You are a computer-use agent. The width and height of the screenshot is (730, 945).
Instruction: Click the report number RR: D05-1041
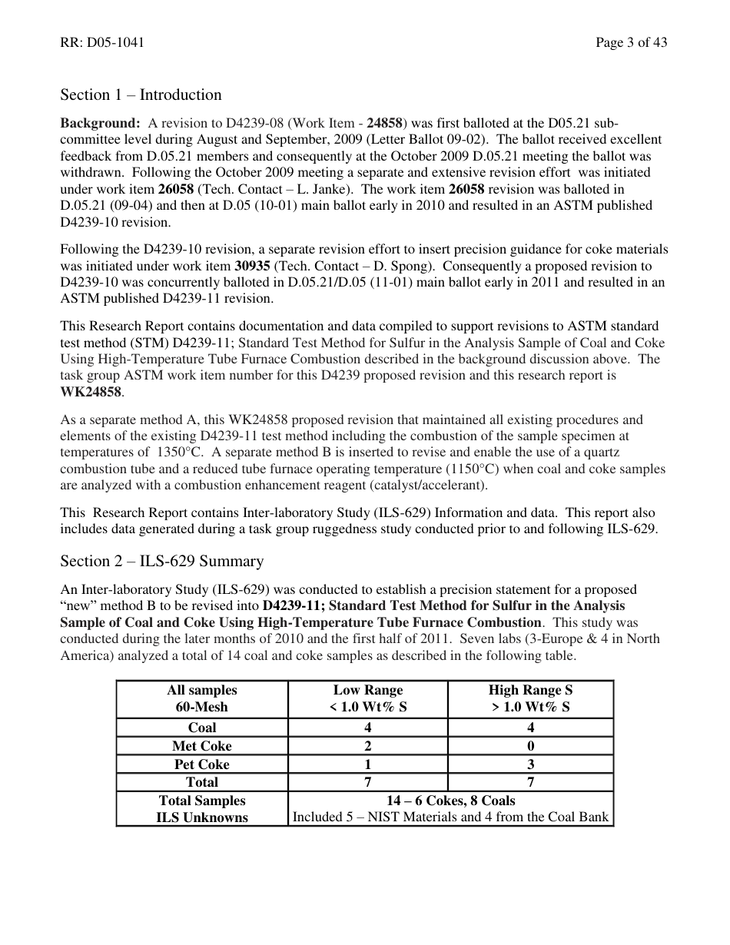tap(102, 43)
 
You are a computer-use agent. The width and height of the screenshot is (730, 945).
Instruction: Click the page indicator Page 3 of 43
tap(631, 43)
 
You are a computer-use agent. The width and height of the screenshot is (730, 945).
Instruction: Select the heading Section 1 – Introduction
tap(141, 95)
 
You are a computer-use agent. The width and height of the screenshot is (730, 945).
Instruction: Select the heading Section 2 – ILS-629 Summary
tap(161, 562)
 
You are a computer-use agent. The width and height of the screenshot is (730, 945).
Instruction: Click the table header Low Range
tap(367, 691)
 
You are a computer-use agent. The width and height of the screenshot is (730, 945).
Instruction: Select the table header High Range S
tap(530, 691)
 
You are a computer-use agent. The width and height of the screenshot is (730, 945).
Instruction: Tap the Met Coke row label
tap(201, 746)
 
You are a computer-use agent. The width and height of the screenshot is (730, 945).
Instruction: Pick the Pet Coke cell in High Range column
tap(530, 764)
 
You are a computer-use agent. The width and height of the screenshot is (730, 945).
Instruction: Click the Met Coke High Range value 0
tap(530, 746)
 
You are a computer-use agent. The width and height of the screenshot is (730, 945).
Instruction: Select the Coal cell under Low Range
tap(367, 728)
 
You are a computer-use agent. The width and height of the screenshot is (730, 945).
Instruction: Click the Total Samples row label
tap(201, 801)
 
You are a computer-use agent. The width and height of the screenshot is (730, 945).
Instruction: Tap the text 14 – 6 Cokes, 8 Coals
tap(450, 801)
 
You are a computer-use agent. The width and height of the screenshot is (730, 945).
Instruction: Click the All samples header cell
tap(201, 691)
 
